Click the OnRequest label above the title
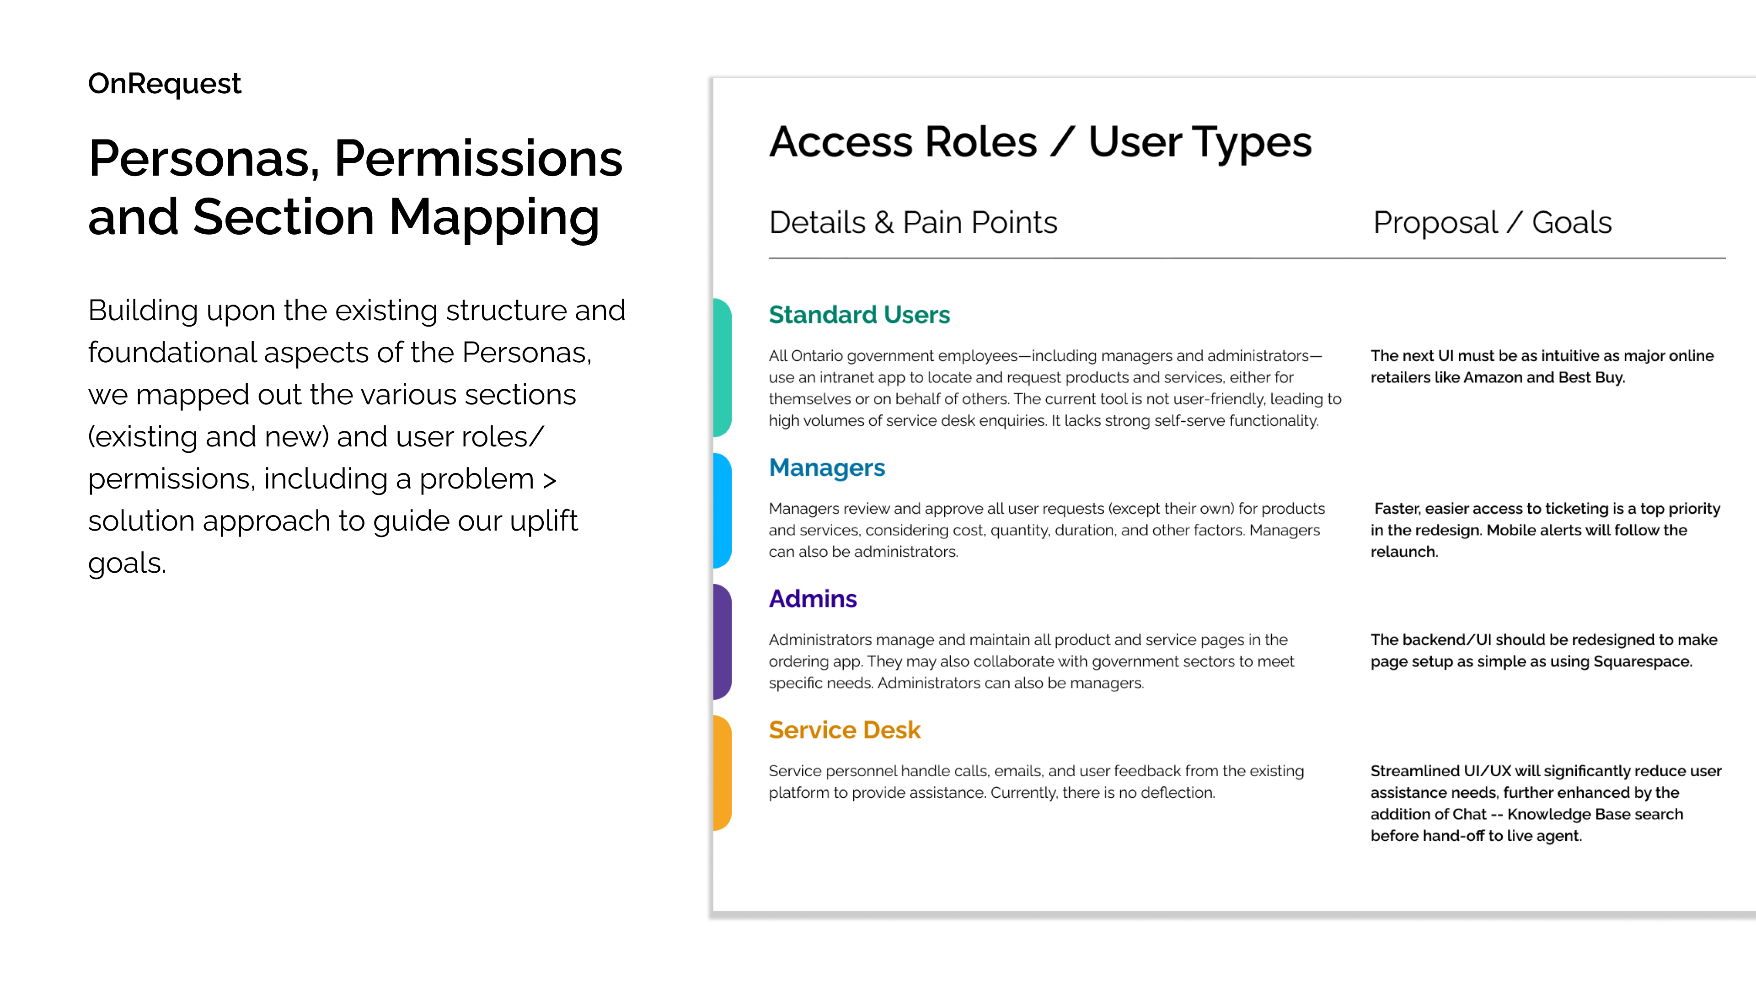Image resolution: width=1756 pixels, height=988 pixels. (x=164, y=84)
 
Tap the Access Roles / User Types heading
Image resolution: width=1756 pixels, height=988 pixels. (x=1040, y=143)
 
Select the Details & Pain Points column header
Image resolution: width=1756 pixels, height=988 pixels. (x=913, y=222)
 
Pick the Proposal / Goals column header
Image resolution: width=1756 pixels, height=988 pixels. (x=1492, y=222)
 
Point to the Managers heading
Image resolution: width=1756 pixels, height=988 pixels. (x=827, y=468)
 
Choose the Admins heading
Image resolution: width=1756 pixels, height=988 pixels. (x=813, y=599)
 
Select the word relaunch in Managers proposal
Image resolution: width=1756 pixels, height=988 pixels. (x=1403, y=552)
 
